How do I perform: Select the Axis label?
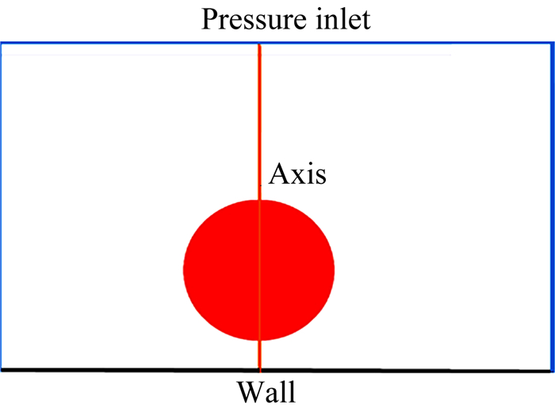[297, 174]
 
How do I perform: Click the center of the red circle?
[259, 270]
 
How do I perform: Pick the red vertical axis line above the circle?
[259, 119]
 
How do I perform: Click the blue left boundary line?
[1, 206]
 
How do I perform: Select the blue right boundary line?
[552, 206]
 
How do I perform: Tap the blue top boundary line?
[127, 42]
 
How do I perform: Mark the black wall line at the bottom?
[127, 370]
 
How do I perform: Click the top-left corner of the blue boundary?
[1, 42]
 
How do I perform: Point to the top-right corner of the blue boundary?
[552, 42]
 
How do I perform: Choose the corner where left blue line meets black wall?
[1, 370]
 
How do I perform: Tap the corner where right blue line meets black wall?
[552, 370]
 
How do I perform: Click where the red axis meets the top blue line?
[259, 43]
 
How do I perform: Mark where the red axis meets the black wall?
[259, 370]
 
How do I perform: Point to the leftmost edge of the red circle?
[185, 270]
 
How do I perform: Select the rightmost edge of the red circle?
[334, 270]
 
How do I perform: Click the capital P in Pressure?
[210, 18]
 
